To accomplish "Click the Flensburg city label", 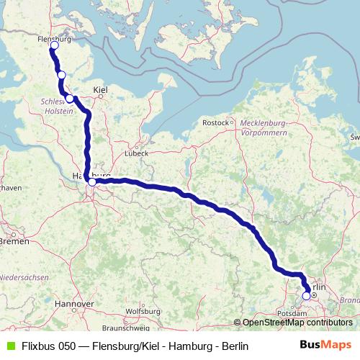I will (x=54, y=40).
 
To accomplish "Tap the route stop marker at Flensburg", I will (x=54, y=46).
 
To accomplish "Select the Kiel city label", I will (x=100, y=90).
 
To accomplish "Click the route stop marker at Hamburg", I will (x=92, y=182).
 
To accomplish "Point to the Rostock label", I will (x=216, y=123).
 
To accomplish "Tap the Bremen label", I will (x=14, y=241).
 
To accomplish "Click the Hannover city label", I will (x=73, y=304).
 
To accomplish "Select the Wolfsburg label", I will (x=142, y=311).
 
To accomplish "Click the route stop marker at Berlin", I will (x=307, y=295).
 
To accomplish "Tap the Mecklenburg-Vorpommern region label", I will (x=264, y=128).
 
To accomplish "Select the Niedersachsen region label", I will (x=23, y=277).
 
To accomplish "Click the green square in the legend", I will (x=9, y=346).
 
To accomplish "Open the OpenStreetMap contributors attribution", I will (x=297, y=323).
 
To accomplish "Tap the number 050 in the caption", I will (x=68, y=346).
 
